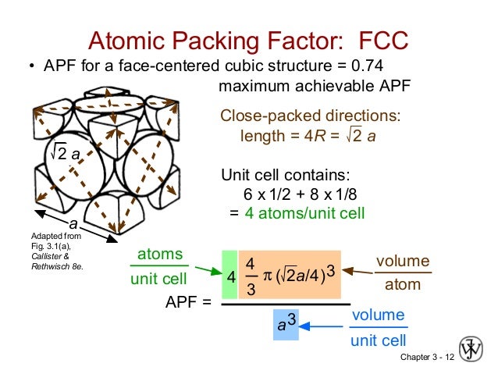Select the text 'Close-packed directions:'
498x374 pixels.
(311, 116)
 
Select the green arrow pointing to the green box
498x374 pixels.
(205, 270)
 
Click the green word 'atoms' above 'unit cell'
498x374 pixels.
(161, 255)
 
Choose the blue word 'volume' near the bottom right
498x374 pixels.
(379, 315)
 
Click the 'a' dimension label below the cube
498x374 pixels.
(63, 223)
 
